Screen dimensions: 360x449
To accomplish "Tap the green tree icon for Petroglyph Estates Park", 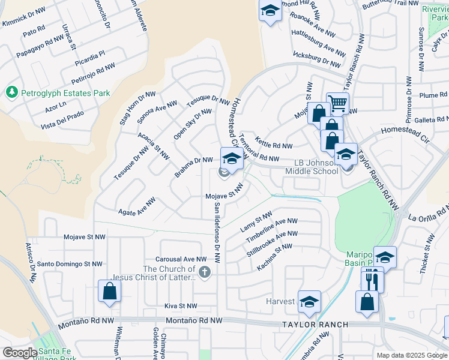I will point(11,92).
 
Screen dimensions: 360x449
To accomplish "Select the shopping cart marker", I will point(338,103).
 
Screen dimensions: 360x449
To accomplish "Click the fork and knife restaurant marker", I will point(372,278).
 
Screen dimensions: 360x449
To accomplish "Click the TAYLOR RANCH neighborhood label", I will point(315,325).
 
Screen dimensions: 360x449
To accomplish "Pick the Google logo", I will point(20,352).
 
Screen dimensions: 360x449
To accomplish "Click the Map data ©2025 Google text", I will point(411,355).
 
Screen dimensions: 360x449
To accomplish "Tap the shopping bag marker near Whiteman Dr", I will point(110,292).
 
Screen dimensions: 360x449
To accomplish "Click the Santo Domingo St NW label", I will point(70,263).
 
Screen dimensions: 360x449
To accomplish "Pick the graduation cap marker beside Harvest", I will point(309,302).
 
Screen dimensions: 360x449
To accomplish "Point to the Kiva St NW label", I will point(181,306).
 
